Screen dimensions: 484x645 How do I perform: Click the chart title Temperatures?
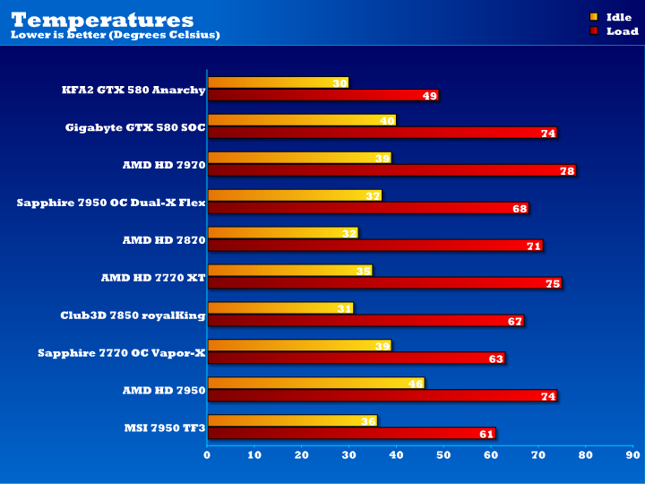click(x=102, y=19)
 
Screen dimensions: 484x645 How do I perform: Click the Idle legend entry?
click(x=618, y=17)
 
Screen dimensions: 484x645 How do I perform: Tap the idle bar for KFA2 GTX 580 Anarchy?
click(x=278, y=82)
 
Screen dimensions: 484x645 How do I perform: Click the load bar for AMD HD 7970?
click(x=391, y=170)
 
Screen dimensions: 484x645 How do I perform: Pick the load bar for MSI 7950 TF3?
click(x=351, y=434)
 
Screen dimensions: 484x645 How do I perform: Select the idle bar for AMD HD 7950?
click(x=315, y=384)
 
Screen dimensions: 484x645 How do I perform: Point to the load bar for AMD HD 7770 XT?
click(x=384, y=283)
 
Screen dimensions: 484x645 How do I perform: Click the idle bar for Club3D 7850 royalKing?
click(x=280, y=308)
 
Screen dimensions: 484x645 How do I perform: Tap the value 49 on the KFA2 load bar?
click(x=430, y=96)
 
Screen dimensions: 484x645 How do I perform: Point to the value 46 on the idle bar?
click(x=416, y=384)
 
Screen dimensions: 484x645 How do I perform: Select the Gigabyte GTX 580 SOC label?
click(x=135, y=127)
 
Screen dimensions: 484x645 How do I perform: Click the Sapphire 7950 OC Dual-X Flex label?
click(x=111, y=203)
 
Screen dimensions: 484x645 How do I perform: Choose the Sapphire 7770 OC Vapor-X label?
click(x=122, y=353)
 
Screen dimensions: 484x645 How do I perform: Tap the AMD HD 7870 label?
click(x=164, y=240)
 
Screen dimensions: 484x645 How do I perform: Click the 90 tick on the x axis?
click(x=632, y=455)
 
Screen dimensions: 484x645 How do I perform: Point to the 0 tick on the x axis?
click(x=207, y=455)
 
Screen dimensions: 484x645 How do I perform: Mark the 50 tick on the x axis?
click(x=443, y=455)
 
